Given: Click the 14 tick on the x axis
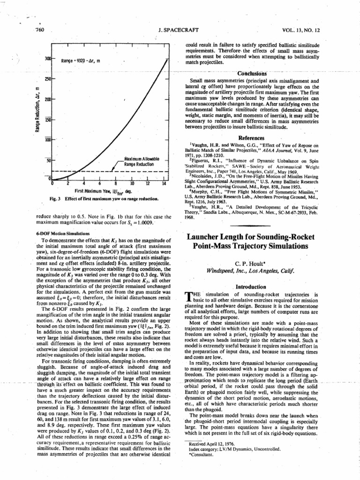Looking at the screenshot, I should (164, 184).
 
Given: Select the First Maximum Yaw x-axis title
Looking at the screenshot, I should (104, 192).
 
